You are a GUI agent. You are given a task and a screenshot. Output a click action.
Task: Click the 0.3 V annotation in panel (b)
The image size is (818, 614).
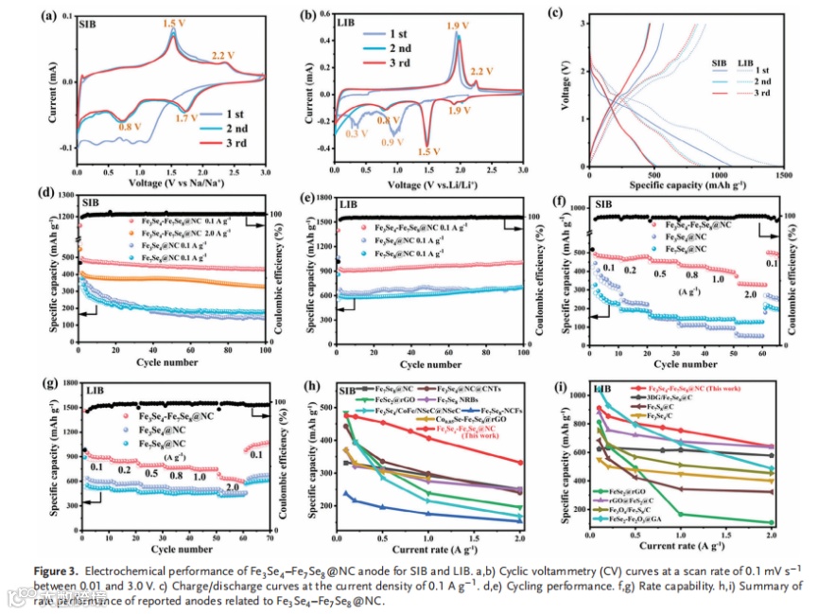pyautogui.click(x=357, y=134)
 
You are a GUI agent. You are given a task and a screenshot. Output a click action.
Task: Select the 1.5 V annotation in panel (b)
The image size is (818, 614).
pyautogui.click(x=430, y=151)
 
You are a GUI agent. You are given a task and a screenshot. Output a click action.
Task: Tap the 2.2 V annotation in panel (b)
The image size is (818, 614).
pyautogui.click(x=481, y=72)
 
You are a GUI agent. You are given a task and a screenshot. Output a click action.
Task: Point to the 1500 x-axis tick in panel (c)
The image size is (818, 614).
pyautogui.click(x=784, y=175)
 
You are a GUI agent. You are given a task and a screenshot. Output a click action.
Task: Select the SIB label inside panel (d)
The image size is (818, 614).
pyautogui.click(x=90, y=202)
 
